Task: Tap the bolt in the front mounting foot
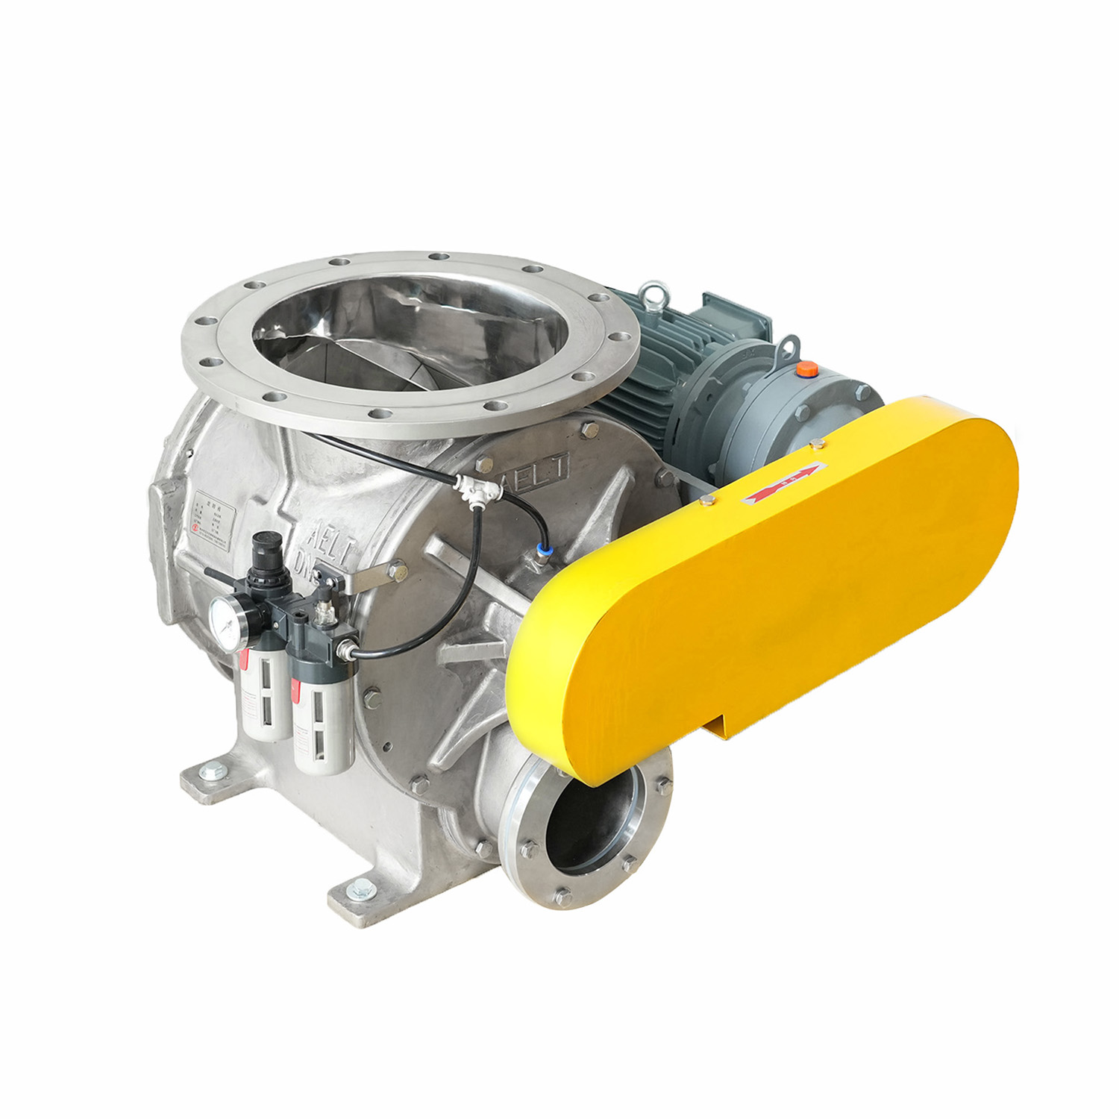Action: pyautogui.click(x=363, y=888)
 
